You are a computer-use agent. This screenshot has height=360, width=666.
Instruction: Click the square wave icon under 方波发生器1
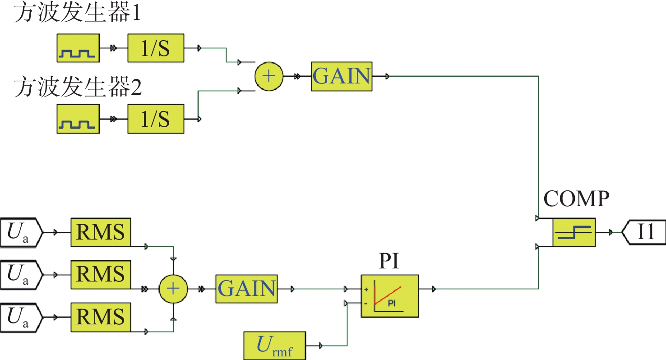79,47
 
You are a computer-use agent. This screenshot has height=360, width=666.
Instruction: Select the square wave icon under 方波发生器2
79,120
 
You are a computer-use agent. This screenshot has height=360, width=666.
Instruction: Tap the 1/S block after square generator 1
156,47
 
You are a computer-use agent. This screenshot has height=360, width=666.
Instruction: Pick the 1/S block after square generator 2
156,120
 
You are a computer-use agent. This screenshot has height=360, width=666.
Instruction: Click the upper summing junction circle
268,76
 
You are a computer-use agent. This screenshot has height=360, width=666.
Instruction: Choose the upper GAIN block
342,76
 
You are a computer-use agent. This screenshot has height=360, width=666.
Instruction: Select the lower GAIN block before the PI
247,288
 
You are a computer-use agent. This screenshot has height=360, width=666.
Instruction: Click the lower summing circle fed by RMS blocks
173,288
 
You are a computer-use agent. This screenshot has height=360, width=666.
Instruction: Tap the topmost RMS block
100,232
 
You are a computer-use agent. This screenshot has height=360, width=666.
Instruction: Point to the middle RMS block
100,274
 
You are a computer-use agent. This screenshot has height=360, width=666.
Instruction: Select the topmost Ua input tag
21,232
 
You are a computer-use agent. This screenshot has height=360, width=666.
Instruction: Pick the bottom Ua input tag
21,317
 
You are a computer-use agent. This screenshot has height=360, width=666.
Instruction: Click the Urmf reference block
275,346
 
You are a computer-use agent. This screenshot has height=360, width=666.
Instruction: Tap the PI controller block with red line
389,296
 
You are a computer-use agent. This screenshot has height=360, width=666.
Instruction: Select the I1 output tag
644,232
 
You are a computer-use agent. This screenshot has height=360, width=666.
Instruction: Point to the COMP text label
576,198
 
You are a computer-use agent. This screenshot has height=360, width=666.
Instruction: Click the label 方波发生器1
77,14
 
